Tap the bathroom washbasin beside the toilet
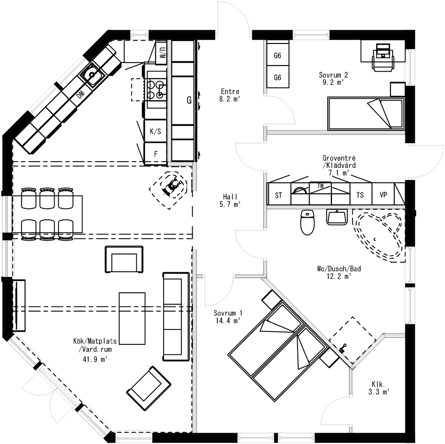pyautogui.click(x=337, y=217)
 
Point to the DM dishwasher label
pyautogui.click(x=81, y=94)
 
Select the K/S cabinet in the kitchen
pyautogui.click(x=155, y=131)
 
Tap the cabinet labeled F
pyautogui.click(x=156, y=154)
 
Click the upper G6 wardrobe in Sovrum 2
pyautogui.click(x=278, y=55)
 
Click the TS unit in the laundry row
pyautogui.click(x=360, y=195)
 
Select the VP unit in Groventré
pyautogui.click(x=383, y=195)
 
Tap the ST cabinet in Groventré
pyautogui.click(x=279, y=195)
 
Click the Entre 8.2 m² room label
pyautogui.click(x=230, y=95)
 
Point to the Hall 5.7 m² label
pyautogui.click(x=230, y=201)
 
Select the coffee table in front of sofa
pyautogui.click(x=132, y=318)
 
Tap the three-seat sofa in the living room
pyautogui.click(x=176, y=316)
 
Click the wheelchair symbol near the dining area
pyautogui.click(x=172, y=187)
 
